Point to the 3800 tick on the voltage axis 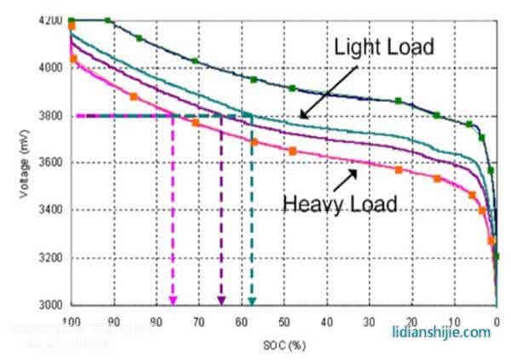[51, 116]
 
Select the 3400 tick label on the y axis [51, 210]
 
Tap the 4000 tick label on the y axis [51, 68]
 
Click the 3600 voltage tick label [51, 163]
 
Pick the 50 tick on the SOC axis [284, 323]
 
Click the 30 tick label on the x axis [368, 323]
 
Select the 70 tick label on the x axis [198, 323]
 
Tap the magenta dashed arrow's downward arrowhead [173, 300]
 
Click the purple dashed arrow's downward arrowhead [221, 300]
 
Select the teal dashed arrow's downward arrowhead [251, 300]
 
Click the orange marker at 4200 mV [72, 26]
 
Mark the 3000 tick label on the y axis [51, 305]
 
